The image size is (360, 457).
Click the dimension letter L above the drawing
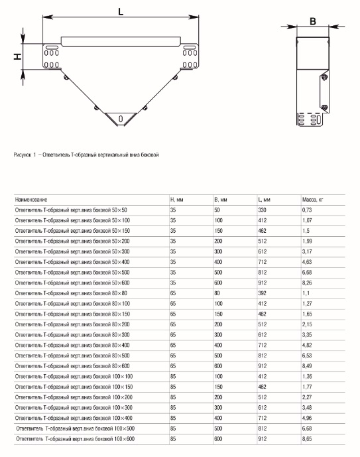point(121,12)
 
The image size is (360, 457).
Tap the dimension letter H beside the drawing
point(18,56)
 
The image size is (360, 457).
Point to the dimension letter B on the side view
point(313,21)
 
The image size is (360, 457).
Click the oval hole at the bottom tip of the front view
point(121,119)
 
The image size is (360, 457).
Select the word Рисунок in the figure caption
point(23,155)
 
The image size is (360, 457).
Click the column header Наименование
point(31,200)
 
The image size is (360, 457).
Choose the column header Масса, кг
point(313,200)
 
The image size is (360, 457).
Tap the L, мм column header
point(264,200)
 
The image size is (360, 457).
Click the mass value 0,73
point(307,210)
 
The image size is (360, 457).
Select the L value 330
point(262,210)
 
